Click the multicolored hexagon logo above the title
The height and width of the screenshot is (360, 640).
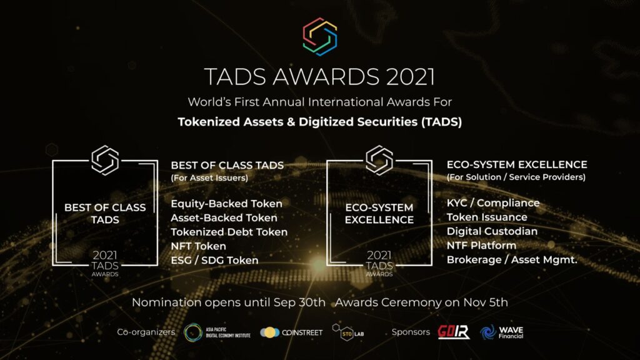coord(320,37)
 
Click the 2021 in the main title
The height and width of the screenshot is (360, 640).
coord(411,77)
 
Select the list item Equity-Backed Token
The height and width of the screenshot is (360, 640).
coord(226,204)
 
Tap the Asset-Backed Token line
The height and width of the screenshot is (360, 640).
coord(224,218)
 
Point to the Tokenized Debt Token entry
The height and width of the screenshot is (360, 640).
coord(229,232)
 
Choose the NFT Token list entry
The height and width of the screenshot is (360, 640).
coord(198,246)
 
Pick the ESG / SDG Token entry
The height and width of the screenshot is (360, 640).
coord(215,261)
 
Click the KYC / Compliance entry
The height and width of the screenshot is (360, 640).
coord(493,203)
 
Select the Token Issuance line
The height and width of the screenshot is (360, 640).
coord(487,217)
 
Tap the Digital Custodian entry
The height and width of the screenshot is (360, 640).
coord(492,231)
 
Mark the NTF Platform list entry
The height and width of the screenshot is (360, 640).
coord(482,245)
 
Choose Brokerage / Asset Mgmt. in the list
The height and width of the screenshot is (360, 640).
coord(512,259)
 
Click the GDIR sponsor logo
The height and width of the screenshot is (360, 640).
coord(454,332)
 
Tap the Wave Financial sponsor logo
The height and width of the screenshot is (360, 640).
coord(502,332)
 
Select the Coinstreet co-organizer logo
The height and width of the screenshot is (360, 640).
coord(291,332)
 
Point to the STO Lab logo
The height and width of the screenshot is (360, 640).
coord(347,332)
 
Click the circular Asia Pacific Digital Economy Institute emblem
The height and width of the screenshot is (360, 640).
coord(193,332)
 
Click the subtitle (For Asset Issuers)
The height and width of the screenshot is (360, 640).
coord(209,178)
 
